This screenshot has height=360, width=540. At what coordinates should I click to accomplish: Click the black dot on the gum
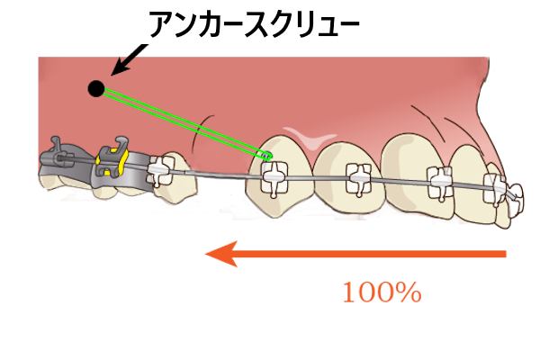click(95, 88)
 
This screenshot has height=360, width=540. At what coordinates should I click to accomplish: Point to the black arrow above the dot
click(124, 64)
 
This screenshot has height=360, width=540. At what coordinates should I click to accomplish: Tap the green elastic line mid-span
click(180, 121)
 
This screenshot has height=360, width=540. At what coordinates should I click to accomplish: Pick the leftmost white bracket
click(162, 170)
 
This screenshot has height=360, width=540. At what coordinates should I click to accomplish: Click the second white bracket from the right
click(439, 181)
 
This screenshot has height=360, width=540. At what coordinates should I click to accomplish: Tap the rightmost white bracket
click(496, 188)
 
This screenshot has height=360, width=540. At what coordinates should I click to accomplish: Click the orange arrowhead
click(220, 255)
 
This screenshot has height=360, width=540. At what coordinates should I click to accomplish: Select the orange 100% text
click(381, 292)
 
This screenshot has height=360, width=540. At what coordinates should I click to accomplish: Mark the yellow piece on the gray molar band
click(110, 165)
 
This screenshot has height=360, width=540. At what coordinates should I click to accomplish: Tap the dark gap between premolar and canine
click(220, 193)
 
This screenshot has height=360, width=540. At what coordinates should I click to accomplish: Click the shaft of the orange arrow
click(378, 255)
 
